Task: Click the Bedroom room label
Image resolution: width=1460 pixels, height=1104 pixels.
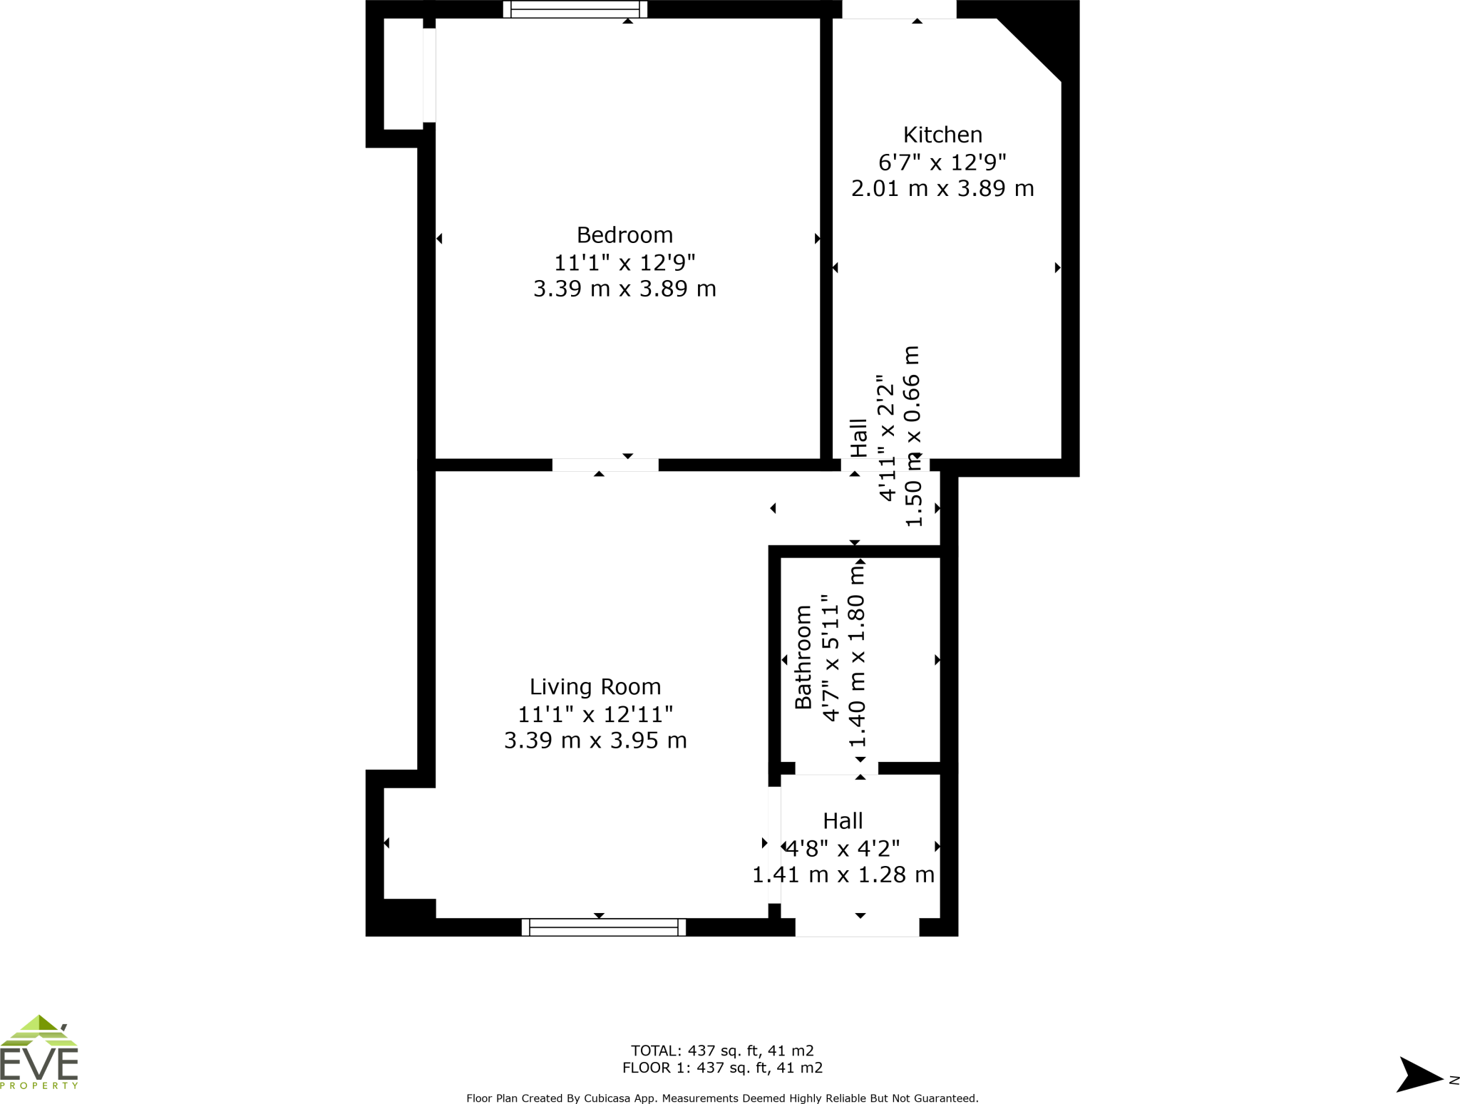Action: [624, 234]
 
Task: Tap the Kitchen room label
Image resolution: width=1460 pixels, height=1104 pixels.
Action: [942, 135]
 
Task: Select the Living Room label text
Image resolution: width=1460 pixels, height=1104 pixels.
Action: [595, 686]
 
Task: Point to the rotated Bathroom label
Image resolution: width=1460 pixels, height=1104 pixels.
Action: [803, 656]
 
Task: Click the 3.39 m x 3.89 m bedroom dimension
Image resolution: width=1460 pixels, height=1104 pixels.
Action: [624, 289]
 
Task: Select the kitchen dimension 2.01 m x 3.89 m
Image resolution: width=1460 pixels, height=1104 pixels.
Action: [942, 188]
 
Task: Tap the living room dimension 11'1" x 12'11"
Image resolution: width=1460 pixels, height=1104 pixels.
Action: [595, 713]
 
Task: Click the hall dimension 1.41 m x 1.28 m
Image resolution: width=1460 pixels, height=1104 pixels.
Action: [843, 875]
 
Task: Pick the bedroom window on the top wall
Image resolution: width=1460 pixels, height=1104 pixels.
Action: [575, 9]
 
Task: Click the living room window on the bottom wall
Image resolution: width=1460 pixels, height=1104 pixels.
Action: [603, 927]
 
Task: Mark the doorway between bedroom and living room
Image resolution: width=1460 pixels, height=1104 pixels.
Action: [605, 465]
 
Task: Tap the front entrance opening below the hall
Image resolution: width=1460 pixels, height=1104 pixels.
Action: [857, 927]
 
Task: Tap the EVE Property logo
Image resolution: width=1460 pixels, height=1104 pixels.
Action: [39, 1053]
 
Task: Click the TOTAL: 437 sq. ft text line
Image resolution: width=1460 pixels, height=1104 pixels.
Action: [721, 1051]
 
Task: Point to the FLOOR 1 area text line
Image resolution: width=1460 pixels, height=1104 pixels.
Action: [721, 1068]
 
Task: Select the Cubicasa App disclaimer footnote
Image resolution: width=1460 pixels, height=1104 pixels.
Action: [721, 1098]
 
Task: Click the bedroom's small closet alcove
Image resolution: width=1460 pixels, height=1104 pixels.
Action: [403, 74]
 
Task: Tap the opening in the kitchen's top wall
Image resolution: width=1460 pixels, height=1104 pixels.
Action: [899, 9]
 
